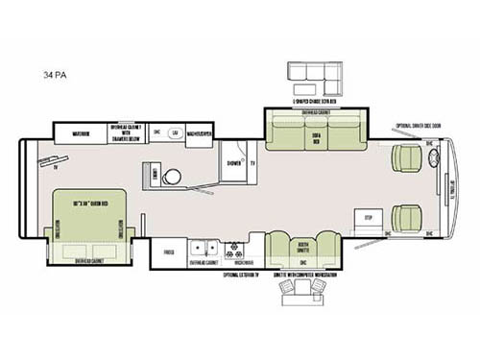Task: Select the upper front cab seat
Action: [x=406, y=157]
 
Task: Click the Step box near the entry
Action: [x=363, y=218]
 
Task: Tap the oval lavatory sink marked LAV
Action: [x=175, y=133]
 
